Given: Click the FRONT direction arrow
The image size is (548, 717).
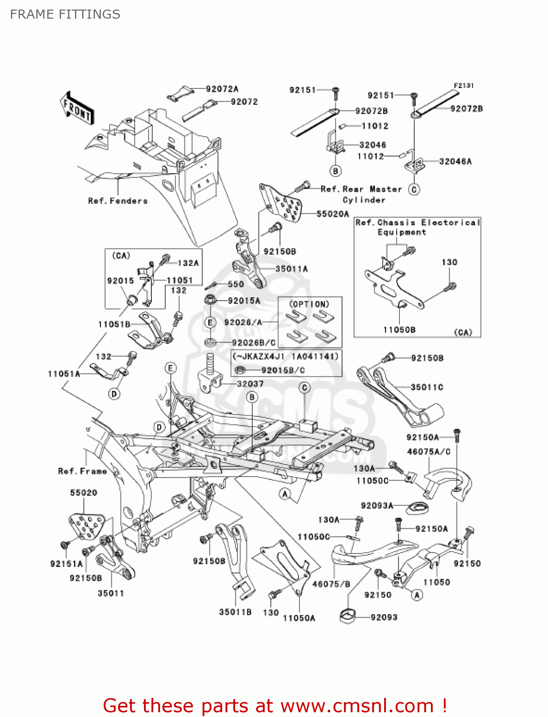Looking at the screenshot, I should coord(77,109).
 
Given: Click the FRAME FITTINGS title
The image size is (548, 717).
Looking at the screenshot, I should coord(65,14).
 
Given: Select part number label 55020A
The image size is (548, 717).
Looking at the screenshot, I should coord(333,214).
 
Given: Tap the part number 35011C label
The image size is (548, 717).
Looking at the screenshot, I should coord(427,387).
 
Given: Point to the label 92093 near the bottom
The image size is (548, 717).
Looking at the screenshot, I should coord(384,617).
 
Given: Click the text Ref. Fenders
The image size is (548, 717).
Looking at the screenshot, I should coord(118,201).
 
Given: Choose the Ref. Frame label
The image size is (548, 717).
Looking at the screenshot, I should coord(82,471).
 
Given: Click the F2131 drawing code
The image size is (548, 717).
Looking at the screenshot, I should coord(463,86).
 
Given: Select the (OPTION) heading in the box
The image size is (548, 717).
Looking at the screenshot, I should coord(310,304).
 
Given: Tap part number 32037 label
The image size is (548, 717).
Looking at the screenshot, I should coord(250,383).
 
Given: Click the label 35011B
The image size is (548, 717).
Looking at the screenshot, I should coord(235,612).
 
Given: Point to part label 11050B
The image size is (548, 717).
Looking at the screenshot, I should coord(399,329).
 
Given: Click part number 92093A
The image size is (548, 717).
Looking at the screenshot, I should coord(376,505).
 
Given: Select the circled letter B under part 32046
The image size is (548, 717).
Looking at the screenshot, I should coord(335,171).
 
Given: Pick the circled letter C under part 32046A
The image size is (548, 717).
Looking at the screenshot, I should coord(414,189).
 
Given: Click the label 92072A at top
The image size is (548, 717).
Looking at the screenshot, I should coord(222,89).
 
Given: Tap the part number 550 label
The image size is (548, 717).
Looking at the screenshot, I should coord(236,284).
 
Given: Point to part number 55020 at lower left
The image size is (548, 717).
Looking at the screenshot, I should coord(84,492).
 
